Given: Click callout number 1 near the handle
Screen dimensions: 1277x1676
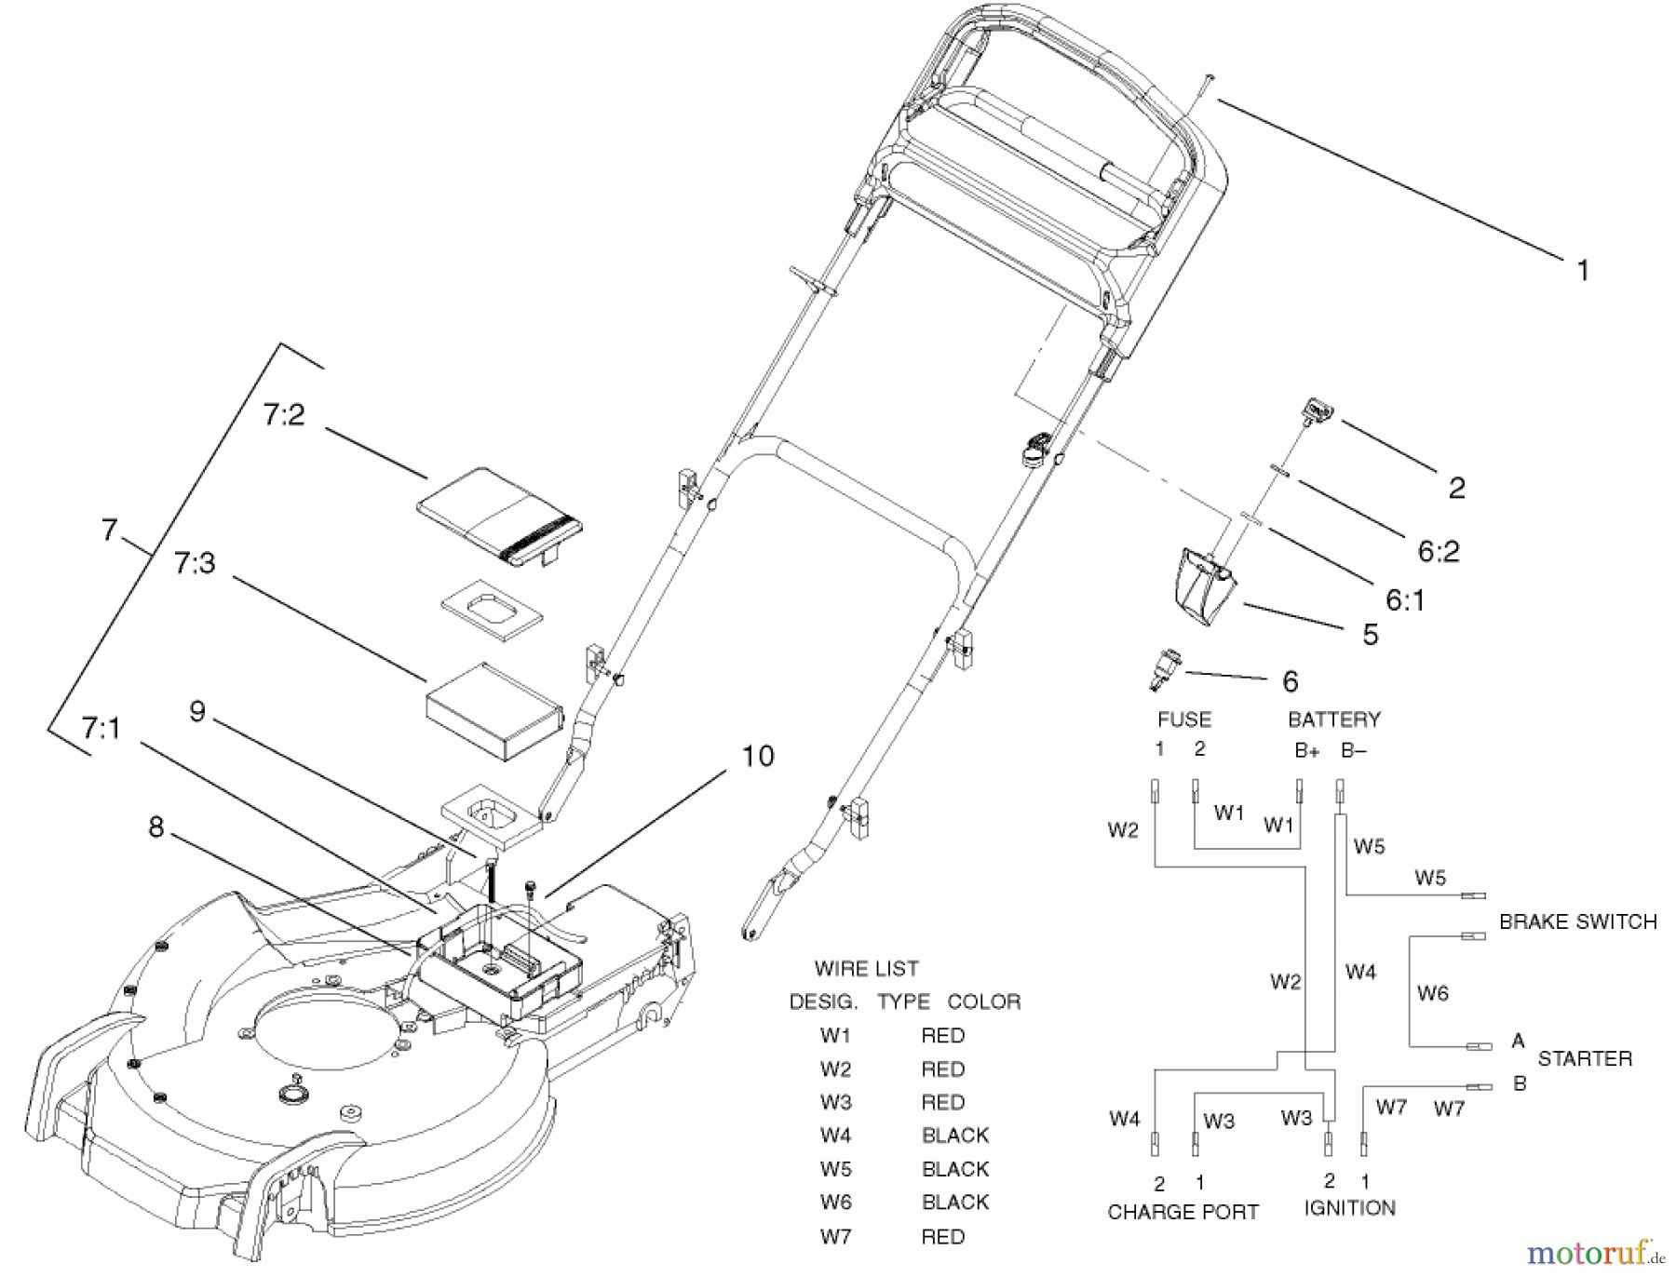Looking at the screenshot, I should pyautogui.click(x=1582, y=271).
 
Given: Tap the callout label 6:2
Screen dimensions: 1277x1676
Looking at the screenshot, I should pyautogui.click(x=1439, y=551).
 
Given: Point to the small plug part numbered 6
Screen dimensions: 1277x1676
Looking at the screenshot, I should pyautogui.click(x=1163, y=669).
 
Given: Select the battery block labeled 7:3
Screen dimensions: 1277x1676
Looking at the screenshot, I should pyautogui.click(x=493, y=712).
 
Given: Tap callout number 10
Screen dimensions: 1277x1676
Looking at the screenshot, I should pyautogui.click(x=758, y=756).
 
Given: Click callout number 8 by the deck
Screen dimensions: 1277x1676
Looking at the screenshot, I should pyautogui.click(x=156, y=827).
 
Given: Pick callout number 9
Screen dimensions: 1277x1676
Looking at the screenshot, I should pyautogui.click(x=197, y=712).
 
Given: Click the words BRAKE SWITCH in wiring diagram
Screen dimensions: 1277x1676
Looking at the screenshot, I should pyautogui.click(x=1577, y=921).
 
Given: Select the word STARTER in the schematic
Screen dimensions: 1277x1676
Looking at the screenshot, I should pyautogui.click(x=1585, y=1058).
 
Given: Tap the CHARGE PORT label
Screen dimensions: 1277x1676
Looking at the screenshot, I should pyautogui.click(x=1183, y=1212).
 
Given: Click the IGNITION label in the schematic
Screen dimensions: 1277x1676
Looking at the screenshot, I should pyautogui.click(x=1349, y=1208).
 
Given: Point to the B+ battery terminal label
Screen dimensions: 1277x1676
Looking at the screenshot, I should pyautogui.click(x=1306, y=751).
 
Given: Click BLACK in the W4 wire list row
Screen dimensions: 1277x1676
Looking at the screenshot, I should pyautogui.click(x=954, y=1136).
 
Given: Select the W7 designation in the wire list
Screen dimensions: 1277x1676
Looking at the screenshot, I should pyautogui.click(x=835, y=1237).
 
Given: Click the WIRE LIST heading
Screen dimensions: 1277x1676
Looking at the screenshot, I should pyautogui.click(x=866, y=969).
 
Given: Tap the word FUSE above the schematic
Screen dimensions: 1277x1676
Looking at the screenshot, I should pyautogui.click(x=1183, y=719).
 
